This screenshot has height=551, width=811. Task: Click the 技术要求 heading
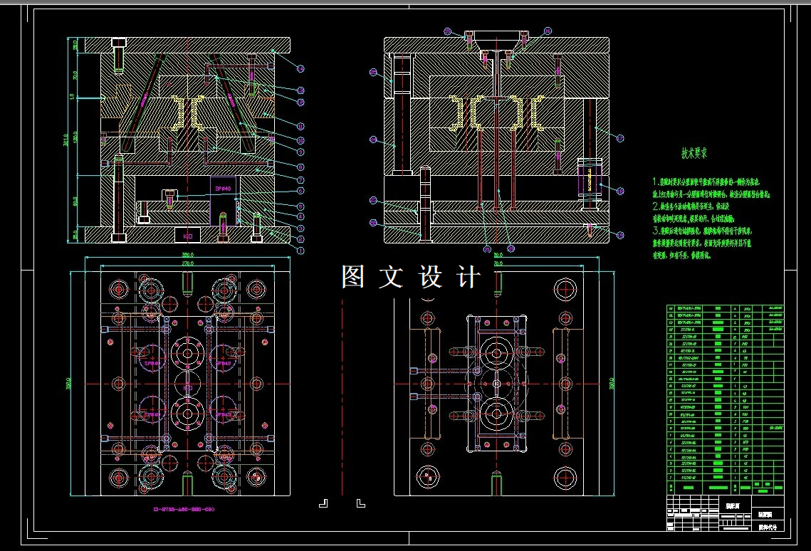point(694,153)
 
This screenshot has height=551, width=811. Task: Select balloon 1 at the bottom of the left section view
point(300,251)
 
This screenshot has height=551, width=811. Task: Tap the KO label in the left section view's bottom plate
point(189,235)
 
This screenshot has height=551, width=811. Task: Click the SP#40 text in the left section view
point(223,189)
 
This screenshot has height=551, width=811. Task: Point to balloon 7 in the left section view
point(300,179)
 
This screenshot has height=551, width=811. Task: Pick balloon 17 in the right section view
point(620,138)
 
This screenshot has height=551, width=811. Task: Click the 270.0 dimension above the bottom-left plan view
point(187,263)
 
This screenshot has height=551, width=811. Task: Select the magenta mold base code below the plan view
point(184,509)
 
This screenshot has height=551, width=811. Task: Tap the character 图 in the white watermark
point(354,277)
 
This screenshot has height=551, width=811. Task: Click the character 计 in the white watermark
point(469,277)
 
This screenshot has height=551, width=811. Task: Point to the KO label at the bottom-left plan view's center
point(189,387)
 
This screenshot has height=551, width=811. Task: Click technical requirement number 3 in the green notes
point(657,231)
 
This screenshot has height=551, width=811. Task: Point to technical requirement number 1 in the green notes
point(657,182)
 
